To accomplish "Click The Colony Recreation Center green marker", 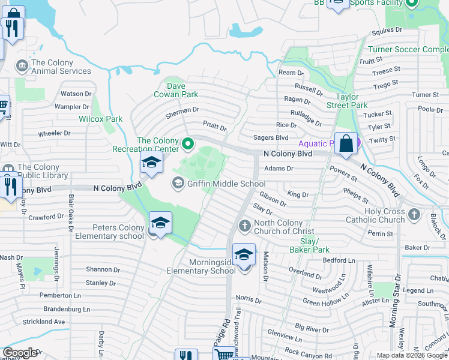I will coord(188,143).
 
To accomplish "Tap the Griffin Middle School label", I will coord(226,184).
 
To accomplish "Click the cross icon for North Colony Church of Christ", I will coord(244,226).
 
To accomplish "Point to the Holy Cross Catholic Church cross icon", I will coord(414,214).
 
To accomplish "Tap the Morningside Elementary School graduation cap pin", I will coord(244,256).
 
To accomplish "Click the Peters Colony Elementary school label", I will coord(109,232).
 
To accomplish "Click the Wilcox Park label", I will coord(101,119).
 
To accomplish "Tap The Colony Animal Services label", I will coord(61,67).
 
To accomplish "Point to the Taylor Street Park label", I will coord(351,101).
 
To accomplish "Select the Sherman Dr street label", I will coord(182,110).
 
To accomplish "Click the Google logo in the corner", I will coord(20,353).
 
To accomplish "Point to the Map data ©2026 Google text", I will coord(411,355).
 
